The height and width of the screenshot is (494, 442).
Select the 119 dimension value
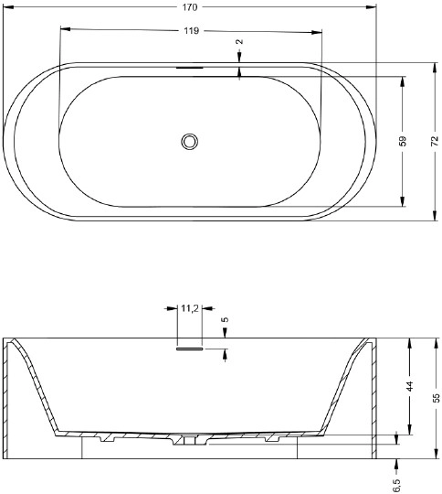pyautogui.click(x=191, y=31)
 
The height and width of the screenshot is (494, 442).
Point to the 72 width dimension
pyautogui.click(x=435, y=142)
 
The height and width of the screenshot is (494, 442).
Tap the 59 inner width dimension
pyautogui.click(x=403, y=142)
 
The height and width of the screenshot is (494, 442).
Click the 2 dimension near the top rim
pyautogui.click(x=239, y=42)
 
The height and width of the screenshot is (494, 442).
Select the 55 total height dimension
pyautogui.click(x=436, y=397)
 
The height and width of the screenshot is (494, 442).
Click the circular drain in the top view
pyautogui.click(x=190, y=142)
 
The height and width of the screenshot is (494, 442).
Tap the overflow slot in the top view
pyautogui.click(x=190, y=68)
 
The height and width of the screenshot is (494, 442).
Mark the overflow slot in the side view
pyautogui.click(x=190, y=348)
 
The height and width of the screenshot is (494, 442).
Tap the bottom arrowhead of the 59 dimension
pyautogui.click(x=403, y=204)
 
